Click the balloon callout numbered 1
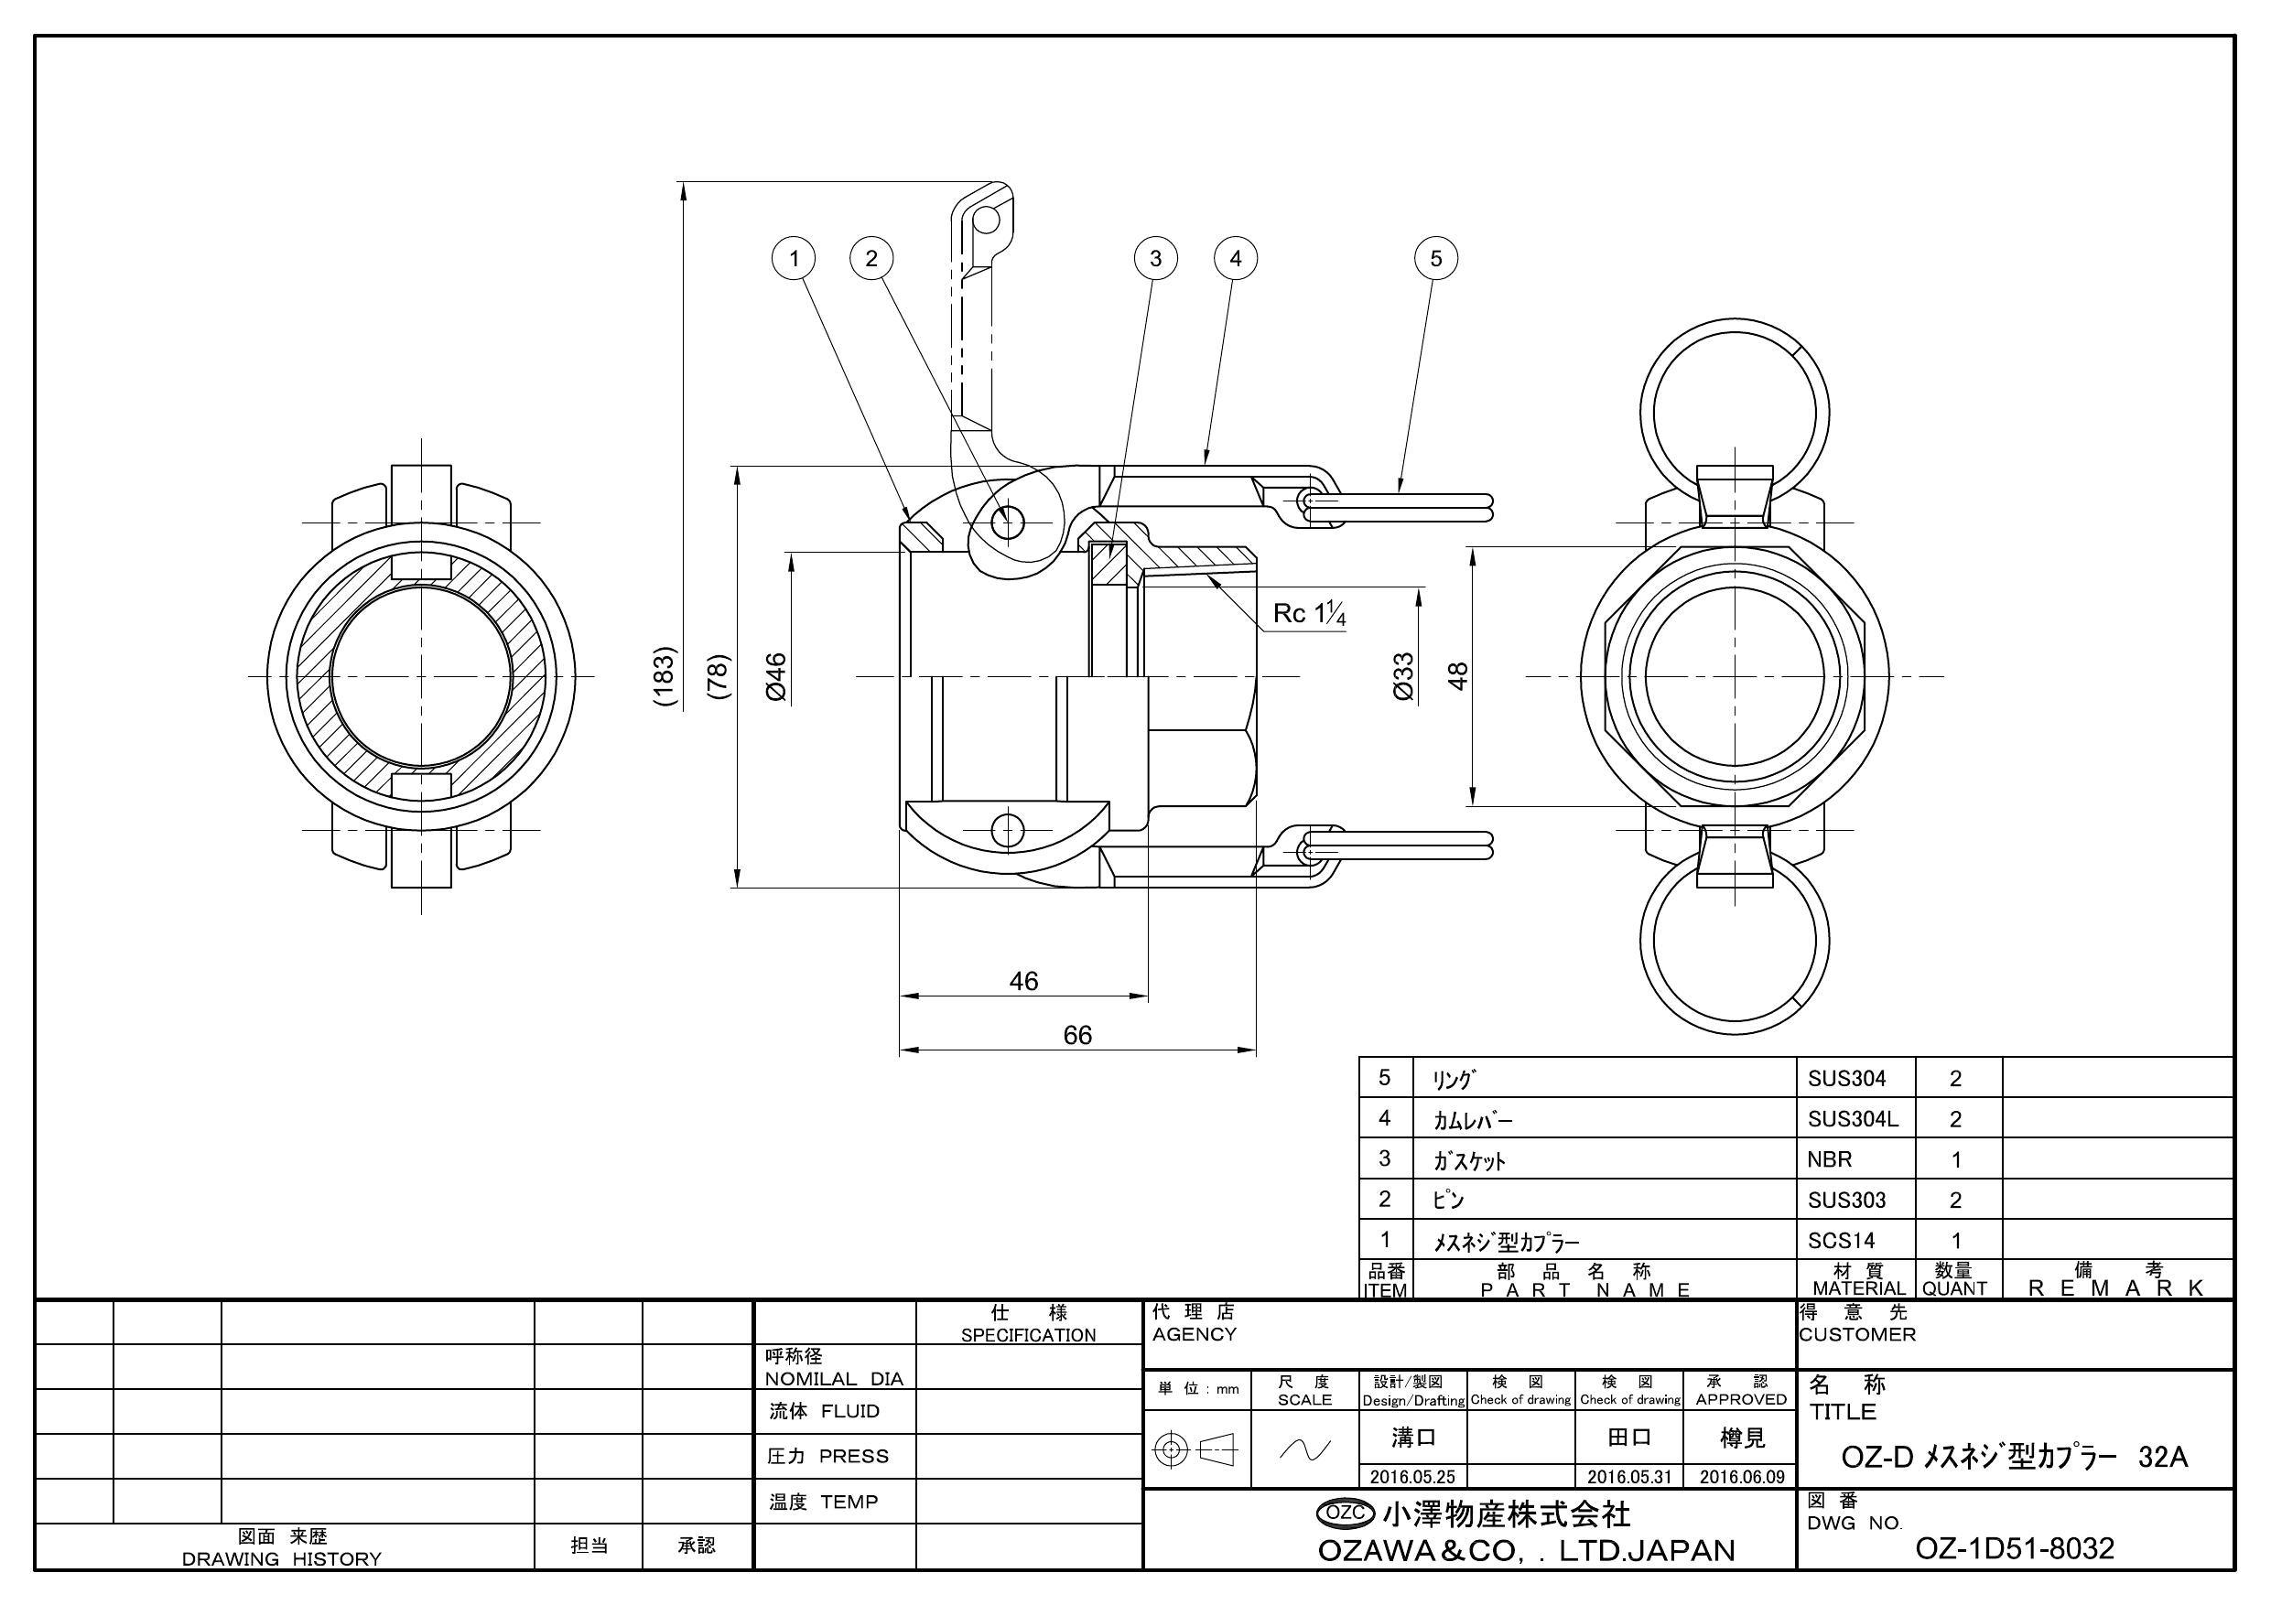click(x=793, y=259)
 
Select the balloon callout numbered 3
click(x=1154, y=259)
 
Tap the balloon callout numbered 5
click(x=1436, y=259)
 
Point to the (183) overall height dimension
click(x=665, y=675)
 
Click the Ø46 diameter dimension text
click(x=775, y=676)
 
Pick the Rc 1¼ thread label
click(x=1310, y=614)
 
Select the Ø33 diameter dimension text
click(x=1402, y=676)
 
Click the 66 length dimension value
click(x=1077, y=1036)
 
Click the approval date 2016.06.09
click(x=1742, y=1478)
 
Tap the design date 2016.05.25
click(x=1412, y=1478)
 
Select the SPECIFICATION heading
click(x=1029, y=1335)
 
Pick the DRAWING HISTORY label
click(x=282, y=1559)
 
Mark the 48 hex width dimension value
click(x=1458, y=675)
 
